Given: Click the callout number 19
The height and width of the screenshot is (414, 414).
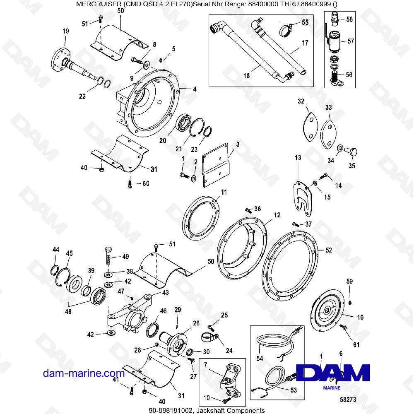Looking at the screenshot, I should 65,32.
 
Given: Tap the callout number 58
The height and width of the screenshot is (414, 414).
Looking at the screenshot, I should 349,19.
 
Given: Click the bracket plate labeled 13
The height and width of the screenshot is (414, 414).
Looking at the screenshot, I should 303,197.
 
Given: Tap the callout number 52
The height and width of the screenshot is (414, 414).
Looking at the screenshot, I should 328,250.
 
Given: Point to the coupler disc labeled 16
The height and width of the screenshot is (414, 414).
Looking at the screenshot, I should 327,310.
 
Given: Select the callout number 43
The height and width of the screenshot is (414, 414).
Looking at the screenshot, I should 154,292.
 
